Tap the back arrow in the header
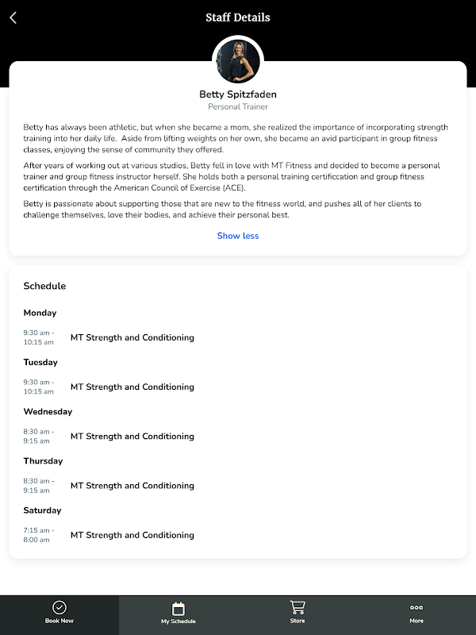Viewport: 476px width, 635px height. (13, 17)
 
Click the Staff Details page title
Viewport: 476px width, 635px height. (238, 17)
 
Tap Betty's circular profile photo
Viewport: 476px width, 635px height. (237, 60)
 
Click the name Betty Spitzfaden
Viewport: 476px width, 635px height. (238, 94)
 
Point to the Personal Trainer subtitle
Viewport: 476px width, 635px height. (238, 106)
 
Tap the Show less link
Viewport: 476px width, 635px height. (238, 236)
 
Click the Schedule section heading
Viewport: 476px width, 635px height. (44, 286)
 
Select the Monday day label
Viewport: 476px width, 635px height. (40, 313)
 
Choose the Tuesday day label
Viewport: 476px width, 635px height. (40, 362)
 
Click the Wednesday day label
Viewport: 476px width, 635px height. (48, 411)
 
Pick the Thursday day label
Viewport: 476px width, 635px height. (43, 460)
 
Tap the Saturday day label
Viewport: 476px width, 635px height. (42, 510)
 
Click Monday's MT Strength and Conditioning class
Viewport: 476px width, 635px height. (132, 337)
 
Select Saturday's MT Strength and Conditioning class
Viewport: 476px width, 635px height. (132, 535)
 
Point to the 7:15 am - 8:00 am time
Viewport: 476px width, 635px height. (39, 535)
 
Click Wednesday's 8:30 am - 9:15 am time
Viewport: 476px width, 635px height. (39, 436)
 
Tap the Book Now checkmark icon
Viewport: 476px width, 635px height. (59, 608)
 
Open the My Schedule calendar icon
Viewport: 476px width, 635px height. (178, 609)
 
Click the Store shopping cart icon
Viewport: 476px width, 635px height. (297, 608)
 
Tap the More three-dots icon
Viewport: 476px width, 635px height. (416, 608)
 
